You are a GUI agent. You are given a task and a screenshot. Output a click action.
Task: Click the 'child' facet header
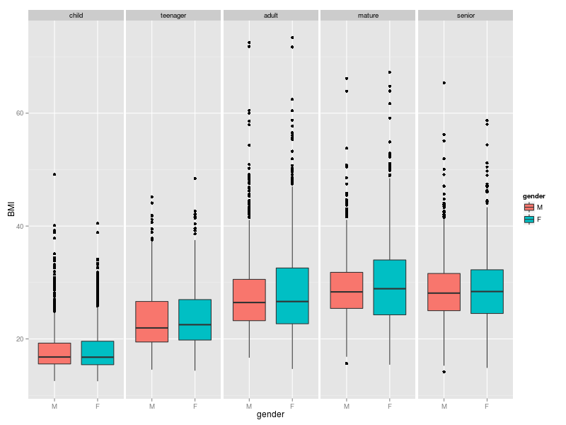[76, 15]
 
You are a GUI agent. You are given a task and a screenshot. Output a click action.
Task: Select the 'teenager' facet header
[173, 15]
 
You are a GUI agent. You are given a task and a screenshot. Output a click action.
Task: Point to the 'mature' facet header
[368, 15]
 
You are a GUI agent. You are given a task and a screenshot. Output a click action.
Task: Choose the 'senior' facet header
[465, 15]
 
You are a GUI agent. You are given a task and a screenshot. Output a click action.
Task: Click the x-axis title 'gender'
[270, 415]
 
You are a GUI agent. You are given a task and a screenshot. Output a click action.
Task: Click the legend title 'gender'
[533, 195]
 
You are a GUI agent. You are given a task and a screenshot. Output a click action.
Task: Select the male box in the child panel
[54, 353]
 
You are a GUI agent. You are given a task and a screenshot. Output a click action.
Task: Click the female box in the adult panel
[292, 295]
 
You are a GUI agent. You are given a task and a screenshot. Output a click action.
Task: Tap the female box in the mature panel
[389, 287]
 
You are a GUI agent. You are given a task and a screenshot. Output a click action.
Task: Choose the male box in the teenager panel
[152, 322]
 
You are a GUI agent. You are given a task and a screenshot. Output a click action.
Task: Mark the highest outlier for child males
[54, 174]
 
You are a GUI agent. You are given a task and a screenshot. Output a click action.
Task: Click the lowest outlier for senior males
[444, 372]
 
